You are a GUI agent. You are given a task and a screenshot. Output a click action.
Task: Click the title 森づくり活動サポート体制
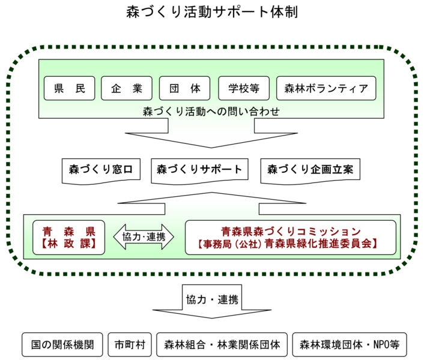point(212,12)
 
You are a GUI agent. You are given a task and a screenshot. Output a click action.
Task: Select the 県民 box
point(70,88)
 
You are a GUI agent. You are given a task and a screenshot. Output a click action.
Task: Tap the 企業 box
point(127,88)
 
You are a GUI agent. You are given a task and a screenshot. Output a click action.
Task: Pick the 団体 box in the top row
point(185,88)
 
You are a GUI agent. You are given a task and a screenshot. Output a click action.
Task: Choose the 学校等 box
point(244,88)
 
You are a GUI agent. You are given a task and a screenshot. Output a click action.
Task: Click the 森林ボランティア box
point(326,88)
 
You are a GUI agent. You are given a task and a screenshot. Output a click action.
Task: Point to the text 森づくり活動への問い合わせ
point(211,111)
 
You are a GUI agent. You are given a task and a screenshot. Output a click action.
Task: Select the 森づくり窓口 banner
point(101,171)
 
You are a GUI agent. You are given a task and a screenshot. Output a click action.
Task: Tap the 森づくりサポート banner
point(199,171)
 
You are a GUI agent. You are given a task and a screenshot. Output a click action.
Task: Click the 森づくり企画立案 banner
point(310,171)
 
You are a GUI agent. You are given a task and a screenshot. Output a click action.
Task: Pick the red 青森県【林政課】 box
point(68,238)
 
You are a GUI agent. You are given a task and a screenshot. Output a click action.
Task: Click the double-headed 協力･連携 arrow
point(144,237)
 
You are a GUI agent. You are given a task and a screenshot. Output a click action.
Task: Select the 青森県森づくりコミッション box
point(291,238)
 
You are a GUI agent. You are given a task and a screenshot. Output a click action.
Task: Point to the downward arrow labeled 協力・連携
point(212,301)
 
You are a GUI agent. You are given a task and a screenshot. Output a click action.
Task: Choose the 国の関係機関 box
point(62,344)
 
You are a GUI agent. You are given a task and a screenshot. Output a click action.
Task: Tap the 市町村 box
point(130,344)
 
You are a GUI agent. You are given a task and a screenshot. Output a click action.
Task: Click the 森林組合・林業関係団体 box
point(222,344)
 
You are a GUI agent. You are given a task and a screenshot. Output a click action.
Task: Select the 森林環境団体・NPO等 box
point(350,344)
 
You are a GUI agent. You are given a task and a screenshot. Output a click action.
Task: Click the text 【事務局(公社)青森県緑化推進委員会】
point(287,244)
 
